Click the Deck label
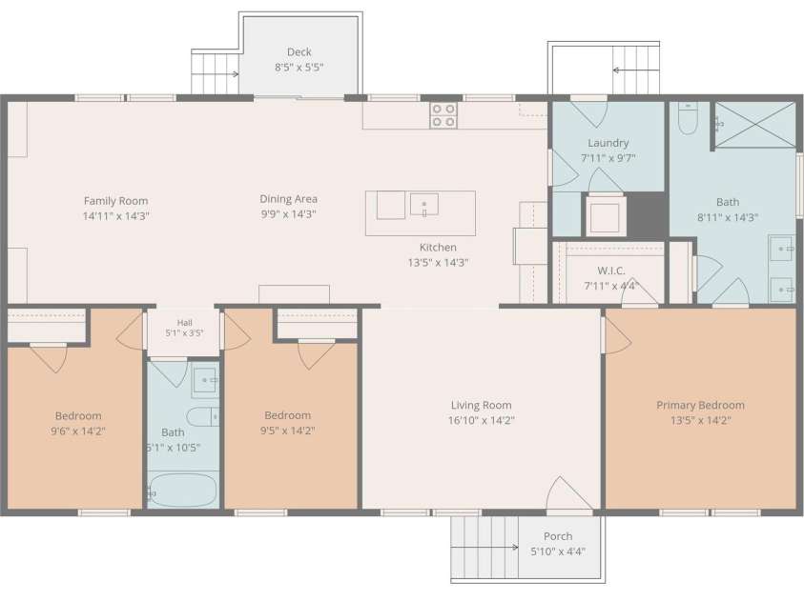pyautogui.click(x=299, y=51)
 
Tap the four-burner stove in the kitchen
pyautogui.click(x=443, y=115)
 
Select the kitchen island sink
pyautogui.click(x=424, y=205)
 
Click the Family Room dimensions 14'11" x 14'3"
pyautogui.click(x=116, y=216)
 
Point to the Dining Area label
pyautogui.click(x=288, y=199)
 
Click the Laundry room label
pyautogui.click(x=608, y=143)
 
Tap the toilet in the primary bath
pyautogui.click(x=688, y=118)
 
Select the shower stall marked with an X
pyautogui.click(x=754, y=125)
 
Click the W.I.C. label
pyautogui.click(x=611, y=271)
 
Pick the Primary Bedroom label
pyautogui.click(x=700, y=405)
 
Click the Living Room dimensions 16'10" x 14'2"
pyautogui.click(x=481, y=420)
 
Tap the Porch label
pyautogui.click(x=558, y=536)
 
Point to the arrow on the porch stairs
pyautogui.click(x=484, y=547)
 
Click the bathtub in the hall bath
pyautogui.click(x=183, y=490)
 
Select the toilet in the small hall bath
pyautogui.click(x=203, y=416)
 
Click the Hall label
pyautogui.click(x=185, y=323)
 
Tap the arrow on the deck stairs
pyautogui.click(x=216, y=73)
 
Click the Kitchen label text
pyautogui.click(x=438, y=248)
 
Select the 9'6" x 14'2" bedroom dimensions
pyautogui.click(x=78, y=431)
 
